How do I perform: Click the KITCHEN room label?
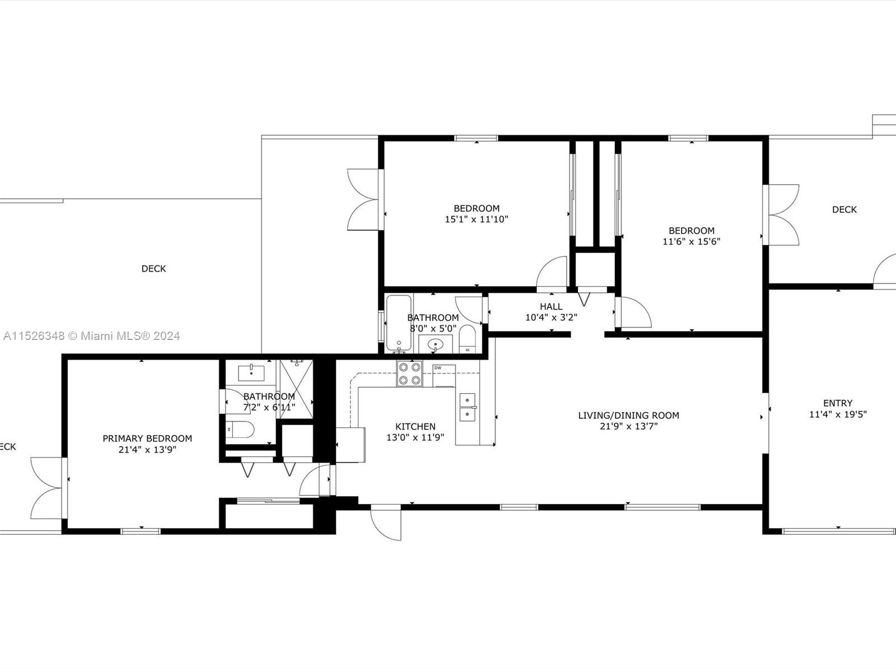(415, 427)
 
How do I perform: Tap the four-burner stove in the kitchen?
(409, 374)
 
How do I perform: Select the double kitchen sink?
(467, 407)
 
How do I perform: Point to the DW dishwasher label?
(437, 368)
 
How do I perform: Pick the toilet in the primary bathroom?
(241, 430)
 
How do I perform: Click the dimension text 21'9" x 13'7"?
(628, 426)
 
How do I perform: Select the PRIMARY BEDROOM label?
(147, 438)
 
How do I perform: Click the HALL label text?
(551, 307)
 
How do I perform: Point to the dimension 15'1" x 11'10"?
(476, 220)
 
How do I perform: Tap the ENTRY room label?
(838, 403)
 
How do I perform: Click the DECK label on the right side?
(844, 209)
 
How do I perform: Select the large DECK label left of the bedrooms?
(153, 269)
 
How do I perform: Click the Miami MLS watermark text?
(92, 336)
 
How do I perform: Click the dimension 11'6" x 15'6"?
(691, 242)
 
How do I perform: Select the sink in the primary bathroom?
(251, 372)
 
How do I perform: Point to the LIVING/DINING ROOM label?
(628, 416)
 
